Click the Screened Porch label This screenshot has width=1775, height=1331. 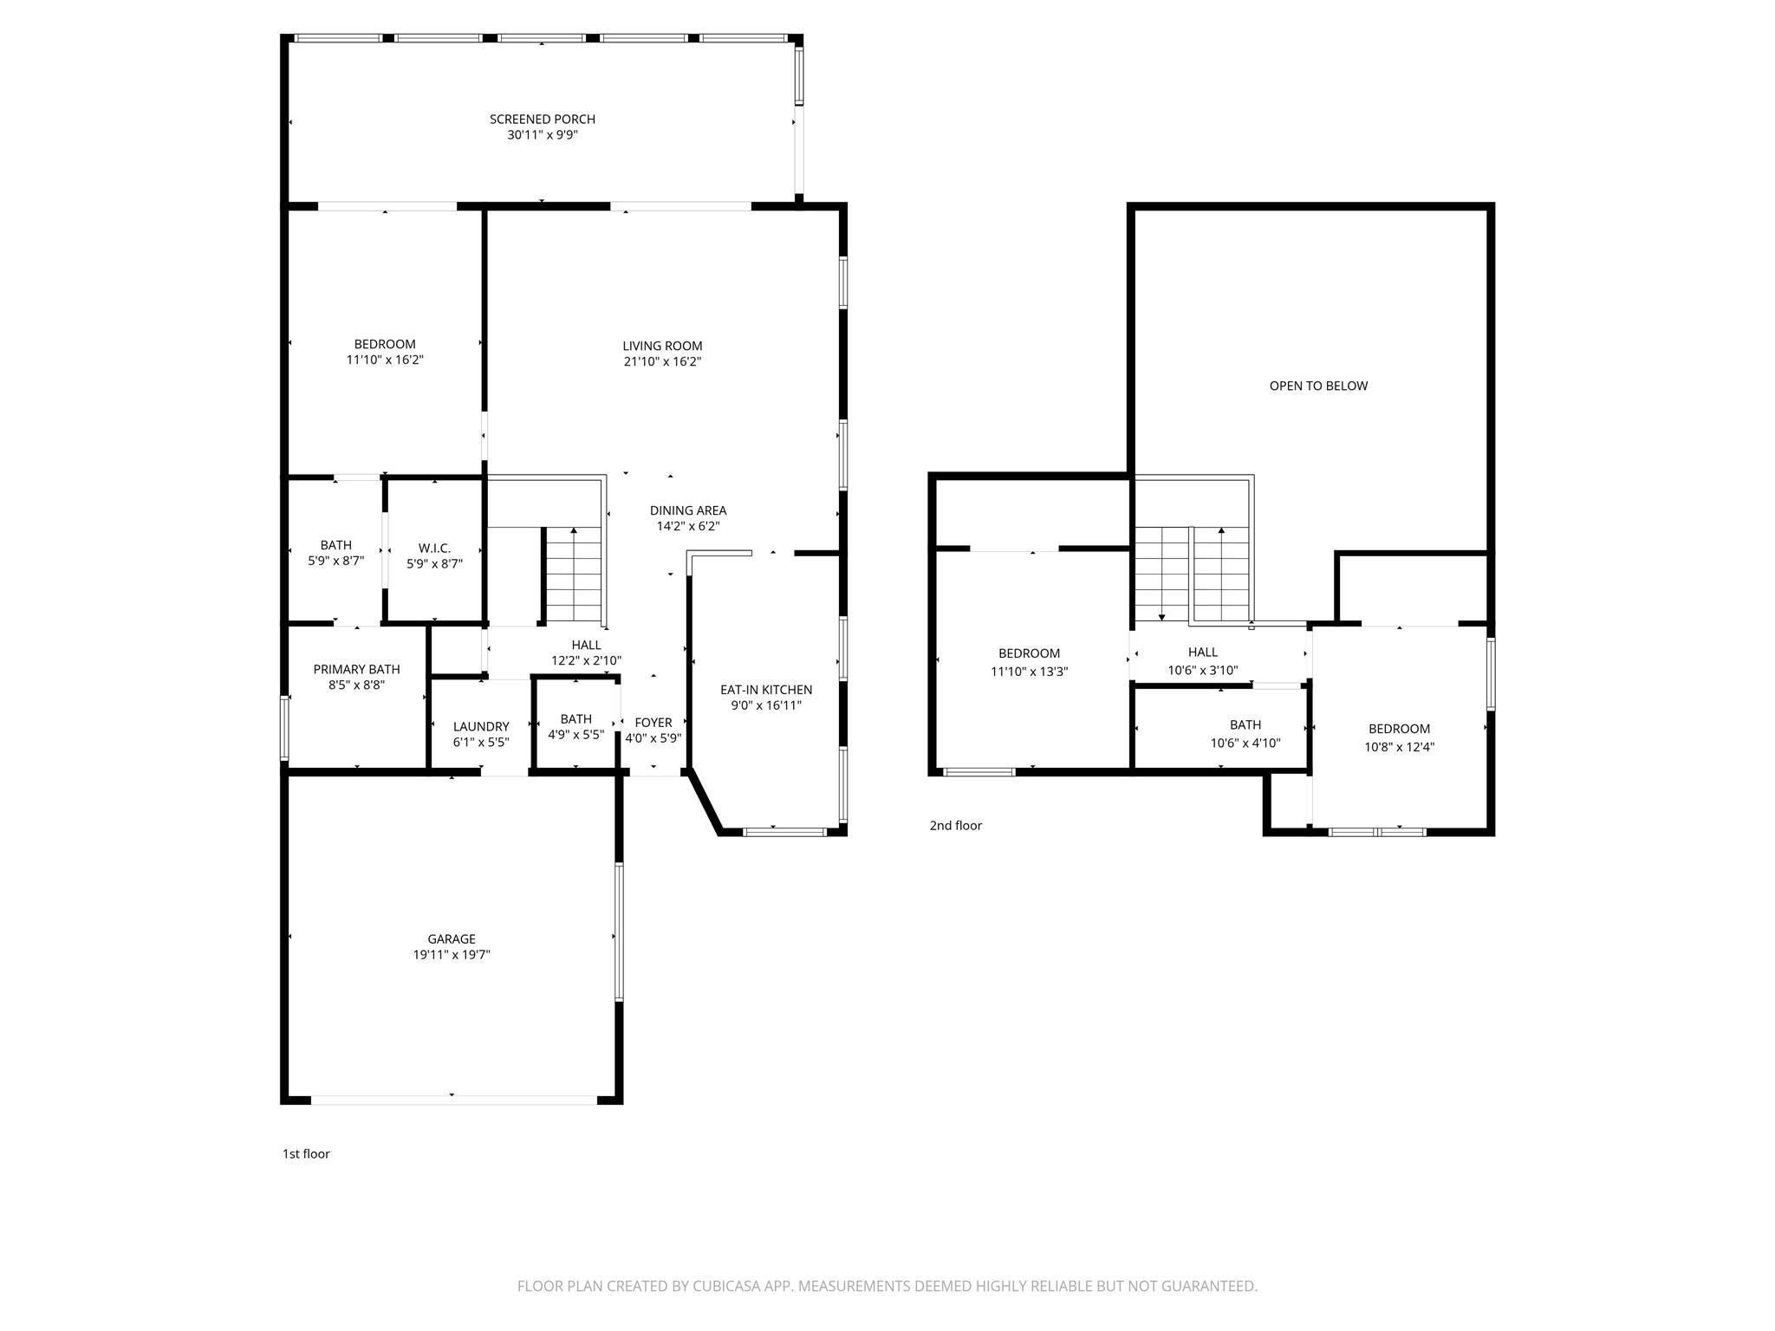pos(542,120)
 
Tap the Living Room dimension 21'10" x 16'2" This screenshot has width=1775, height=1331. pos(662,361)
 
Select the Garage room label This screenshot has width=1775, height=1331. pos(451,939)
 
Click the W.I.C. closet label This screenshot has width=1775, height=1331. pos(434,549)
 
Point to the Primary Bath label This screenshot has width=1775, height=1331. pos(356,670)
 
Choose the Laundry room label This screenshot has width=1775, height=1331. pos(481,727)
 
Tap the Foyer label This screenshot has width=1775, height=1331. pos(653,723)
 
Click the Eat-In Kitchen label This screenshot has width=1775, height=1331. pos(766,690)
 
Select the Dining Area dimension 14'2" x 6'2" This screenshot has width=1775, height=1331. pos(688,526)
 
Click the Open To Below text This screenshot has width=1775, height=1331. pos(1318,386)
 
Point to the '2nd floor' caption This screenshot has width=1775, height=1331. pos(955,826)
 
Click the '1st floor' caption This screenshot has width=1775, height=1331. pos(306,1154)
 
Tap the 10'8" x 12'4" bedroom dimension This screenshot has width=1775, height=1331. pos(1399,746)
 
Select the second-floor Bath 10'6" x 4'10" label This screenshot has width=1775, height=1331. pos(1245,733)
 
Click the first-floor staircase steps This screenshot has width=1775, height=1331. pos(574,576)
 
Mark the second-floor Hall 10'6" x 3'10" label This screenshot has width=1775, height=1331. pos(1202,660)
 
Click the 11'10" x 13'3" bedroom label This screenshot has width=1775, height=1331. pos(1029,662)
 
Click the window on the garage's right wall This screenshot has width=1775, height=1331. pos(619,932)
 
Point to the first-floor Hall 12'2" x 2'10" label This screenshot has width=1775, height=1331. pos(586,653)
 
